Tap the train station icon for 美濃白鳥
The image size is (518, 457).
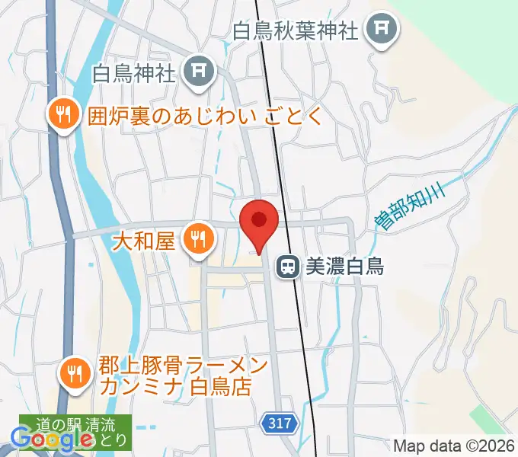288,266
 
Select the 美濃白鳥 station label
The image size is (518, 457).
344,267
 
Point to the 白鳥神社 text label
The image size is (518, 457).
134,74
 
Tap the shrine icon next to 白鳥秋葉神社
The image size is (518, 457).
379,31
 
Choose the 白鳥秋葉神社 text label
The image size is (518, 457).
296,31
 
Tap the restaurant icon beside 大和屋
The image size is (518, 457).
199,241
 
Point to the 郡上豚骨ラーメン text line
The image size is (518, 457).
183,365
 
